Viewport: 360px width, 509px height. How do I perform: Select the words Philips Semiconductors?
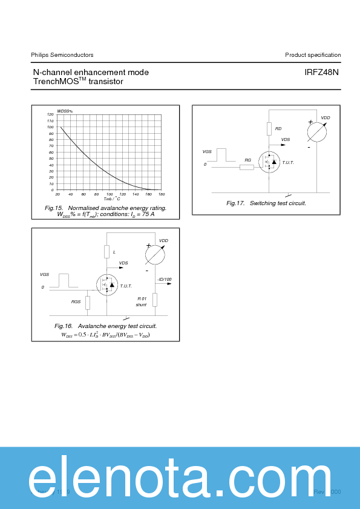click(62, 55)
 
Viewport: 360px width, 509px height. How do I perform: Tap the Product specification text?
click(313, 55)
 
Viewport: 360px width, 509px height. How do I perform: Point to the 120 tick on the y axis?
click(50, 114)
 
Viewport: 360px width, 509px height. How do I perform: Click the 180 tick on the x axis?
click(162, 194)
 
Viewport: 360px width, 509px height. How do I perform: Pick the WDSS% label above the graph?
click(65, 111)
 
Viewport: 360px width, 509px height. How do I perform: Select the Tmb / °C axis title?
click(111, 199)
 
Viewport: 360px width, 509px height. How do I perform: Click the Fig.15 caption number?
click(54, 208)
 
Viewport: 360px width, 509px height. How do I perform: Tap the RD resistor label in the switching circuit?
click(278, 128)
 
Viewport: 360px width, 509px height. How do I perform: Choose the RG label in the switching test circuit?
click(247, 160)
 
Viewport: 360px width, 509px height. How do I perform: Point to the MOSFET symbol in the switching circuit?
click(269, 162)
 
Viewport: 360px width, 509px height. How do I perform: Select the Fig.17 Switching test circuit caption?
click(266, 203)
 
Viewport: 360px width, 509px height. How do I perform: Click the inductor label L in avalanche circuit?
click(114, 251)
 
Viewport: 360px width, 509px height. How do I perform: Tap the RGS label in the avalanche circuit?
click(76, 301)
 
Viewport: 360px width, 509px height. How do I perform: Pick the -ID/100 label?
click(164, 279)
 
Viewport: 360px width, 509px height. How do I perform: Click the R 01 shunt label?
click(142, 301)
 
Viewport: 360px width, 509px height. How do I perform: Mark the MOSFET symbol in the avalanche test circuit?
click(107, 284)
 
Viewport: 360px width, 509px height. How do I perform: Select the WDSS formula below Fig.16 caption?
click(105, 335)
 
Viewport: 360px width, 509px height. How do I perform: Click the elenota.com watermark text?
click(180, 478)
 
